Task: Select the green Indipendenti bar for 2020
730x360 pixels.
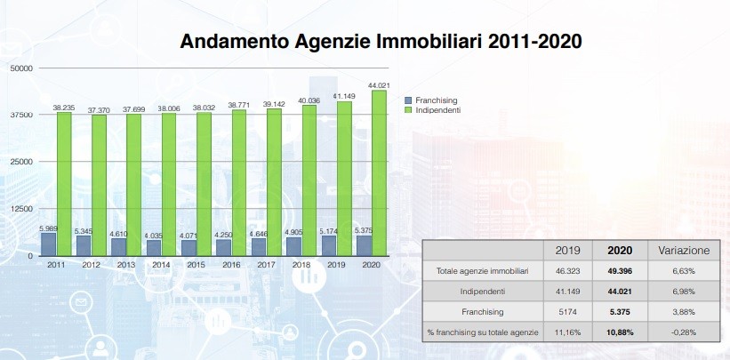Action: pos(380,172)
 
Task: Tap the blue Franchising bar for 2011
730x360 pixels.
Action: pos(48,244)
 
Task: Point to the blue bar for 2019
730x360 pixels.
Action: pos(329,245)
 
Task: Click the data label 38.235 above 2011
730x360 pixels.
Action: pos(62,108)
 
